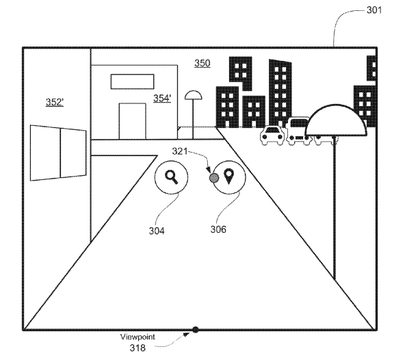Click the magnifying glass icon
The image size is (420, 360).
coord(172,177)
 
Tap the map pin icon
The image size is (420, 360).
coord(228,176)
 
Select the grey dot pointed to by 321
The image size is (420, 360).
coord(213,177)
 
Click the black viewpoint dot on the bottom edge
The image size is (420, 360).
coord(196,329)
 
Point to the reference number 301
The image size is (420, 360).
coord(373,10)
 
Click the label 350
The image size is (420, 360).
coord(202,63)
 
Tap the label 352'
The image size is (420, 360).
coord(55,102)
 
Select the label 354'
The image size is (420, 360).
coord(162,99)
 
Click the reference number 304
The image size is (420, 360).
coord(157,231)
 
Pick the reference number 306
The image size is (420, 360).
coord(218,229)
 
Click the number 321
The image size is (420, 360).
coord(179,151)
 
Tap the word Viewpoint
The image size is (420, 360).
coord(137,337)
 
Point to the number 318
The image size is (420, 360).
coord(137,348)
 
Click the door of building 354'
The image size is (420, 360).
coord(132,121)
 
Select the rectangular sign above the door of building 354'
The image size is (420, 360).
coord(132,81)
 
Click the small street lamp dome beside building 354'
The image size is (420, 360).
coord(193,95)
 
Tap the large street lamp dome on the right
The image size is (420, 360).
coord(336,120)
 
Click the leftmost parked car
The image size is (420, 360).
coord(272,136)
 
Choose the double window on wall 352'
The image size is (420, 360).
coord(58,153)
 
